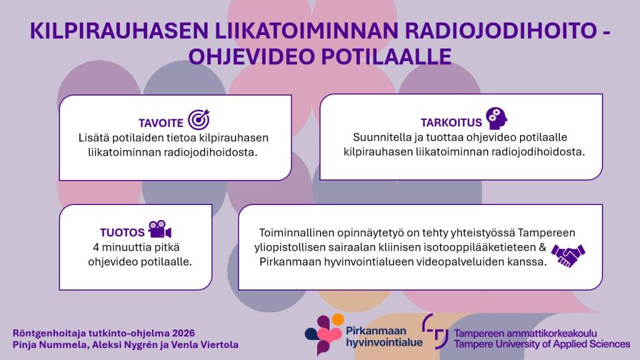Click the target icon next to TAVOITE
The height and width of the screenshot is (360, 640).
[199, 119]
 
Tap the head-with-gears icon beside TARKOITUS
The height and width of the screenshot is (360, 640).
[497, 118]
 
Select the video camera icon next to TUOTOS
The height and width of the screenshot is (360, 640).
[159, 229]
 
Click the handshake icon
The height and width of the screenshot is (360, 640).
[567, 255]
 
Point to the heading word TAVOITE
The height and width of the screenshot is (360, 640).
[161, 123]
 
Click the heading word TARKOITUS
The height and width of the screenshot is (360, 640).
[451, 122]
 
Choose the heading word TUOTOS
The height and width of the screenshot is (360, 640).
[122, 232]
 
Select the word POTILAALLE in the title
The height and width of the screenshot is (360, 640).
[386, 57]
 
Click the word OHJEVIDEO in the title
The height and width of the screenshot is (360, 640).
[252, 57]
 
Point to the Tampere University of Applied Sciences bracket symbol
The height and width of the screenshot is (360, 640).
[435, 331]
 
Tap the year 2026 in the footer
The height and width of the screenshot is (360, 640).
[183, 333]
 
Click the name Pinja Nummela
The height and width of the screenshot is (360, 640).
[50, 345]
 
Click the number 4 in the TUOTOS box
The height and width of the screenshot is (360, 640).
[96, 247]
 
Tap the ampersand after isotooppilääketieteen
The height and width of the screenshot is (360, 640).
[542, 247]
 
